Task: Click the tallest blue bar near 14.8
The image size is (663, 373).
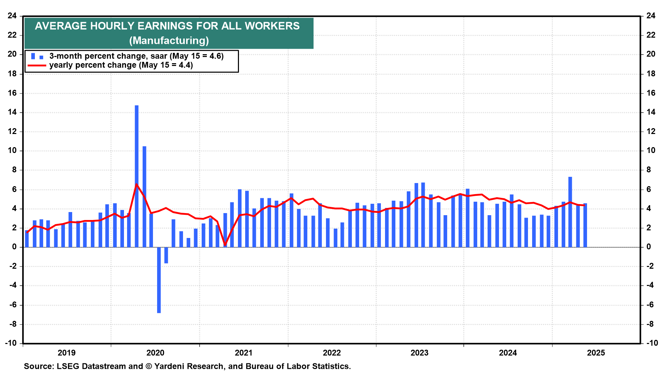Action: (x=137, y=176)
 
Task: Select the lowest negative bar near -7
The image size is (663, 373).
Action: (x=159, y=280)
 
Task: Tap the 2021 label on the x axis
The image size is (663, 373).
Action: (x=243, y=353)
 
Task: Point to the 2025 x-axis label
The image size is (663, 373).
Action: (x=596, y=353)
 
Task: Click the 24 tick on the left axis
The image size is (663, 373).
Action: (x=12, y=16)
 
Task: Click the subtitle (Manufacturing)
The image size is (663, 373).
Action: (x=169, y=41)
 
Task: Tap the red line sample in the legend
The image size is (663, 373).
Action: (x=37, y=65)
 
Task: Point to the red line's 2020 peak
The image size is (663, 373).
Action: (x=136, y=184)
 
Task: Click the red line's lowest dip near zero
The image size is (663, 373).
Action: (x=225, y=245)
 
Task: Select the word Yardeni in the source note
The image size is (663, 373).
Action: (x=167, y=366)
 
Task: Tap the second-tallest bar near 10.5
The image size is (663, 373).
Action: (x=144, y=197)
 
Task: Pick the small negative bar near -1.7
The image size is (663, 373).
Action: (x=166, y=255)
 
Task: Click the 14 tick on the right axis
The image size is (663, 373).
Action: (x=651, y=112)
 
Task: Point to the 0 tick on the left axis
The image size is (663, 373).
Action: (x=15, y=247)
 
